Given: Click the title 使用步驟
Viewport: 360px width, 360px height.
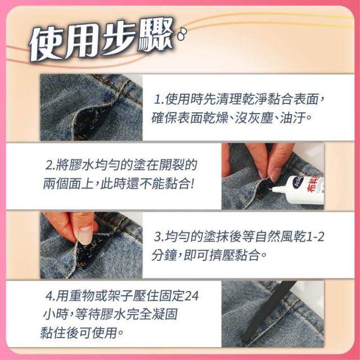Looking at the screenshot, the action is (x=101, y=39).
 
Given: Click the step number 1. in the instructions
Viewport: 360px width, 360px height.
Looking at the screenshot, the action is (x=159, y=100).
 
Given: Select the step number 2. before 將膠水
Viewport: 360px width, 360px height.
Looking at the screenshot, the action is (x=50, y=165).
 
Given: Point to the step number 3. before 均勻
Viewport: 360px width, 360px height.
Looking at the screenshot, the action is (x=159, y=237).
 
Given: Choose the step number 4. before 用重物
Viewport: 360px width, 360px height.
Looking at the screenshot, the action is (x=50, y=296).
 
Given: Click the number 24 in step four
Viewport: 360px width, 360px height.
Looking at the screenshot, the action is (x=191, y=296).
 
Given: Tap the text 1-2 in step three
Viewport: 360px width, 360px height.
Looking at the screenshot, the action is (x=315, y=237).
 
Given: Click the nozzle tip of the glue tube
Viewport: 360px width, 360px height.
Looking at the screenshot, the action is (x=271, y=189).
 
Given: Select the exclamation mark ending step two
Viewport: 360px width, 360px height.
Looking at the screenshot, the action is (x=192, y=184).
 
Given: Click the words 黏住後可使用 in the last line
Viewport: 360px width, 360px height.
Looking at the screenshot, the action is (x=79, y=332).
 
